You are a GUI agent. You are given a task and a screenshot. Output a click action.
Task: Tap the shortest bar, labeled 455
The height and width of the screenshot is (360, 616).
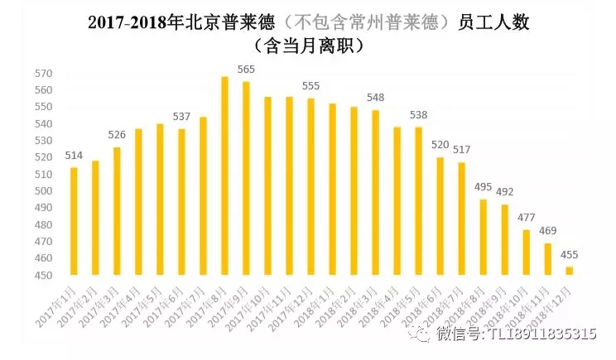569,271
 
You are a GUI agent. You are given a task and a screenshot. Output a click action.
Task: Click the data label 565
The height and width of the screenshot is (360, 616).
246,70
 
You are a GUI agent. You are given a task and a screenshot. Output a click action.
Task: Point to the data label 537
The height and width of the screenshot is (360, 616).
181,117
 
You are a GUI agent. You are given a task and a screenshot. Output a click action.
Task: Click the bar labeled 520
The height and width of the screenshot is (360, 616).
440,216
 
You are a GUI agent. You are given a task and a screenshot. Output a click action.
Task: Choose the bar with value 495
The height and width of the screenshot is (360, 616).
483,237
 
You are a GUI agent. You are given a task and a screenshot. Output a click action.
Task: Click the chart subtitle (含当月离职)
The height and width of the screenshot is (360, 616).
308,46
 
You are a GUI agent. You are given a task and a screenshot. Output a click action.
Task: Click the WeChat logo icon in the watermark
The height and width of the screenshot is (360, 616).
421,334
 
